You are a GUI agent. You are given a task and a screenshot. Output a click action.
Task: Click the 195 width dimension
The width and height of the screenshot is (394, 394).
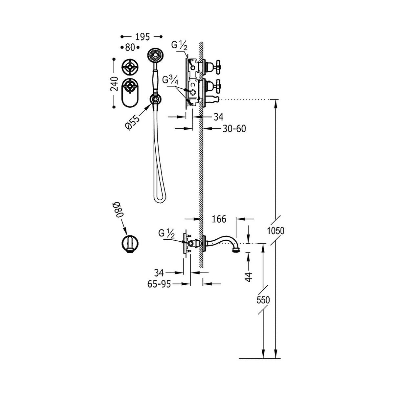(142, 37)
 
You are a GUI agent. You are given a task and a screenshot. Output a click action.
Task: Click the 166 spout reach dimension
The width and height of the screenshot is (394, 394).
(219, 219)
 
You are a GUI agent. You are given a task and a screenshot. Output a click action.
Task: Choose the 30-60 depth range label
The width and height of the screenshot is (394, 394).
(234, 129)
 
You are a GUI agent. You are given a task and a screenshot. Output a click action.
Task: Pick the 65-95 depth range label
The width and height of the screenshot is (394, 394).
(159, 284)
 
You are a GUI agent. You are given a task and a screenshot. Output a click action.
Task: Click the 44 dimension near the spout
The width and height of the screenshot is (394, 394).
(249, 277)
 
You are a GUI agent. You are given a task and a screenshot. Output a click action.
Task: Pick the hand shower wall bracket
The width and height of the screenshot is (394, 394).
(155, 100)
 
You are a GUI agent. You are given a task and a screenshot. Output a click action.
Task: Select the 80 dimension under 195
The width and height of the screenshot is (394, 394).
(130, 47)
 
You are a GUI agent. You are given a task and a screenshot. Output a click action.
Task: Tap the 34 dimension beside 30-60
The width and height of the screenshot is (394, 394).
(219, 117)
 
